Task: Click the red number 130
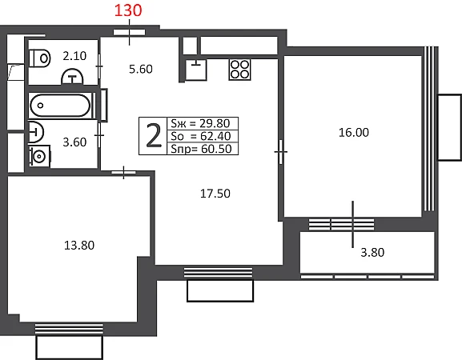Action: point(128,10)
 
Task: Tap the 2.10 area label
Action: point(74,56)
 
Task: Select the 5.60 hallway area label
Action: point(141,69)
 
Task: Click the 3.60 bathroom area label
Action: point(74,142)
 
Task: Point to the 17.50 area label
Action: point(215,194)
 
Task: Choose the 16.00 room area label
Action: point(354,133)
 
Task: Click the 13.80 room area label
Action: point(79,246)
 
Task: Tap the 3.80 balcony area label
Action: point(372,253)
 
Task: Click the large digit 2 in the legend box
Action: point(154,136)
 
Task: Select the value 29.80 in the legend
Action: point(215,123)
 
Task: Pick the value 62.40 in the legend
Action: point(215,136)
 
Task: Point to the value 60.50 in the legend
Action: point(216,149)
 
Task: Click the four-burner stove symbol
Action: point(240,70)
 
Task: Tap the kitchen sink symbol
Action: point(196,70)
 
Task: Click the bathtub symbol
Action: point(60,106)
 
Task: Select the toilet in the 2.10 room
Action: point(40,58)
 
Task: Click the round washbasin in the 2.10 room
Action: point(72,77)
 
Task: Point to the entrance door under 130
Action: point(129,32)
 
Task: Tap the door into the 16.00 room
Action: point(280,152)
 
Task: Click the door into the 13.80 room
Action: point(123,173)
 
